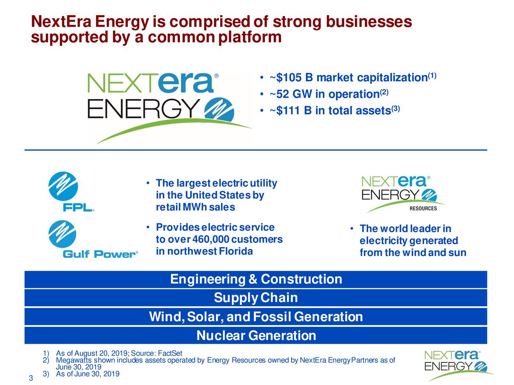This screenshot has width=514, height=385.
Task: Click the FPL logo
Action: [x=71, y=191]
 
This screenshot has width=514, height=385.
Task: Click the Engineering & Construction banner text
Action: [x=256, y=279]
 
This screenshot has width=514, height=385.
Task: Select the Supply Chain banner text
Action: [x=256, y=298]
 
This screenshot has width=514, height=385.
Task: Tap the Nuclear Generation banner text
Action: [x=256, y=336]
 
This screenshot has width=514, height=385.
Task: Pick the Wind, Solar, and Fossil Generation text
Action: [x=256, y=317]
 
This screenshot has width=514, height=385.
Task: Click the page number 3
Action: [x=31, y=379]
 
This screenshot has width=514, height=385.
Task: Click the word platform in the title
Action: [x=250, y=37]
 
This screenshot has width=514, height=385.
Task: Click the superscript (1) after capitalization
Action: [x=432, y=75]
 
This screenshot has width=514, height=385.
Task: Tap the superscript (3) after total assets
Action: [x=395, y=108]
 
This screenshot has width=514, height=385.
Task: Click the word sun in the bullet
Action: [x=458, y=253]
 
